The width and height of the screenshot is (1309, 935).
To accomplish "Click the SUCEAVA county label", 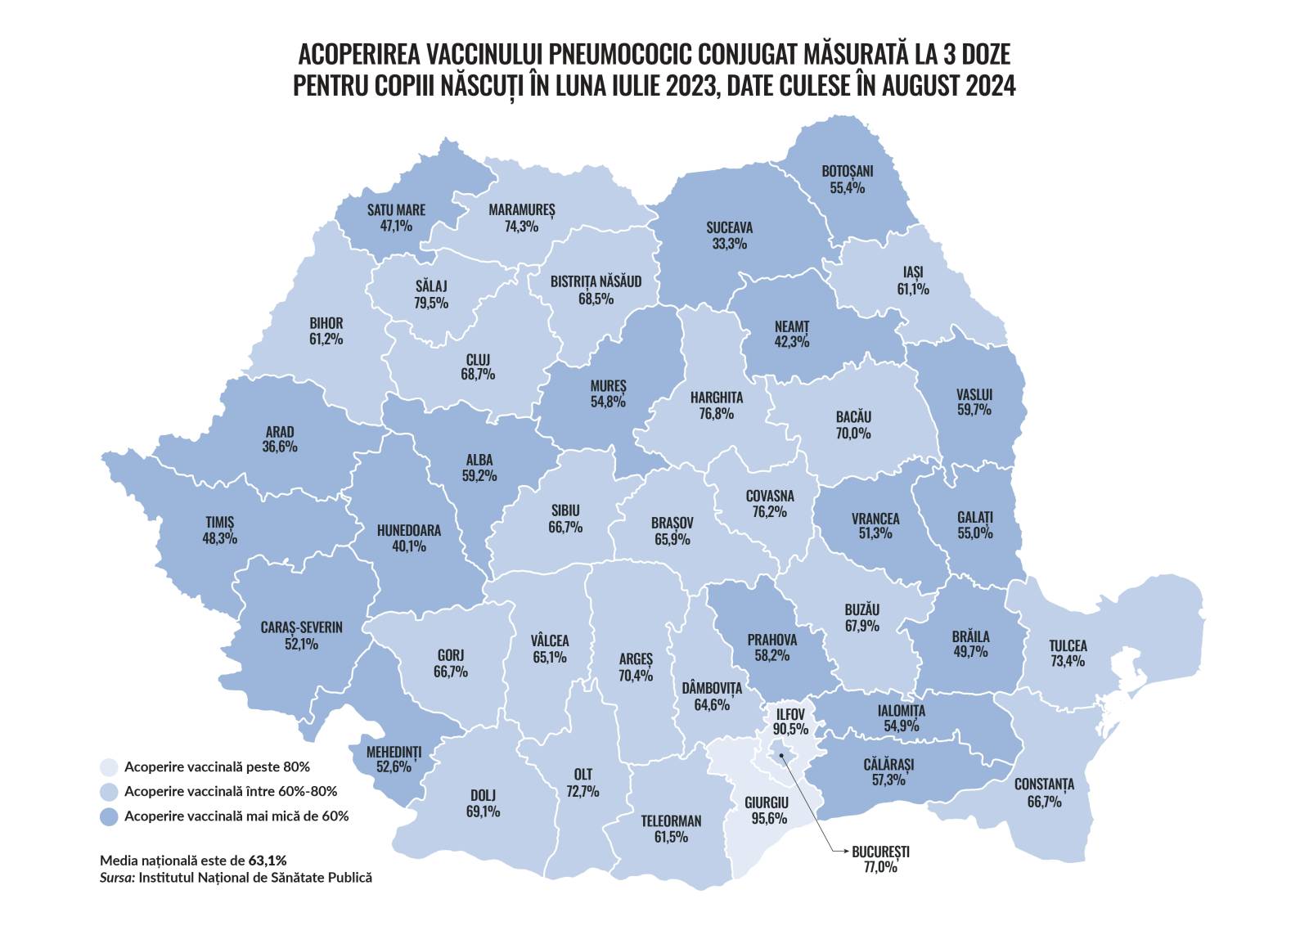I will [729, 227].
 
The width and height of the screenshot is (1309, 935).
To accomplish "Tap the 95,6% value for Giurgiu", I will [767, 818].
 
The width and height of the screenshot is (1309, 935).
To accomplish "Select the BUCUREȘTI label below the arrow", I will [880, 852].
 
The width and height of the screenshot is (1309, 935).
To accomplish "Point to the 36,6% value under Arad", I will [280, 447].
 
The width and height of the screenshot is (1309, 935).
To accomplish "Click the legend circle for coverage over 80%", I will [109, 767].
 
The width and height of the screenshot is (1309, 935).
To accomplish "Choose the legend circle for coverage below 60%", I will [109, 816].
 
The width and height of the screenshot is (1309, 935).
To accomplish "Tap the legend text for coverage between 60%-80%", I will [231, 791].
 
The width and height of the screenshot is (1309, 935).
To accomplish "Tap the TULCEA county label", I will [1068, 645].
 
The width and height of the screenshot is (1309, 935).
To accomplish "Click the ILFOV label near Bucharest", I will [790, 713].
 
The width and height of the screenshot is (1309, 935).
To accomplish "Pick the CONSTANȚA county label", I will [1044, 784].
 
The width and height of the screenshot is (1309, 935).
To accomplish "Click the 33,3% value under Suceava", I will [729, 244].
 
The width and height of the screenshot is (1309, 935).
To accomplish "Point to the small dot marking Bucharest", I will [780, 756].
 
